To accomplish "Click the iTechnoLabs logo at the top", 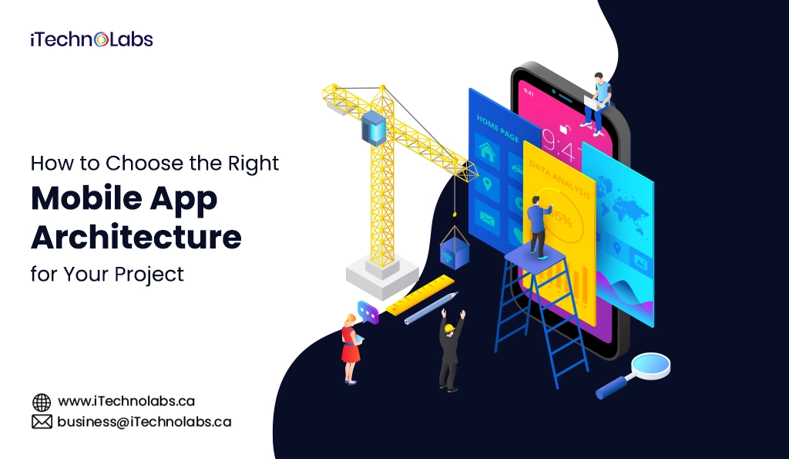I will click(92, 40).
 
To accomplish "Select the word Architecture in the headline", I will click(136, 237).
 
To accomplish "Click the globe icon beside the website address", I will click(42, 402).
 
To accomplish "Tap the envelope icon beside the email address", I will click(42, 422).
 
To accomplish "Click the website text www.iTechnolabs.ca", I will click(126, 401).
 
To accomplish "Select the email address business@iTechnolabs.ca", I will click(143, 422).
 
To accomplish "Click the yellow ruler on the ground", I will click(421, 295).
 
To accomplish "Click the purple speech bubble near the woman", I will click(368, 312).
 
